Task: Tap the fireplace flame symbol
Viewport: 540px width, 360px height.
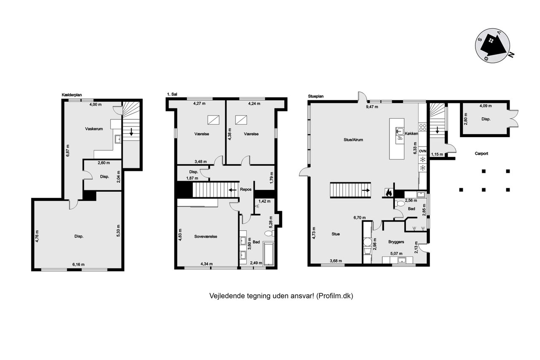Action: tap(389, 192)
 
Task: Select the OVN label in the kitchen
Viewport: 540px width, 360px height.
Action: tap(423, 151)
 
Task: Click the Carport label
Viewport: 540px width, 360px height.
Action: tap(481, 153)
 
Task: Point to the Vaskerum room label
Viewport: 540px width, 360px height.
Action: tap(94, 129)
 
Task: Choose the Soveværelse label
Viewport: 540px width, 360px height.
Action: tap(205, 236)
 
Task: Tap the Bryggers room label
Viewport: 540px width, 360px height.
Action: tap(396, 242)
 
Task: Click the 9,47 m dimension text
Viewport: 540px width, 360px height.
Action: tap(372, 107)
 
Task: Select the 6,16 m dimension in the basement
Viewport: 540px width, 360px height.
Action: tap(78, 265)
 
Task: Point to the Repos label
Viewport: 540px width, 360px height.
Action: tap(246, 189)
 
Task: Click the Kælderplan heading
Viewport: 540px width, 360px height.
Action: tap(72, 95)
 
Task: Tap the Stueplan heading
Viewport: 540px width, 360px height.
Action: tap(316, 96)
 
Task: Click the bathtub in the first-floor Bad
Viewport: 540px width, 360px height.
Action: tap(269, 253)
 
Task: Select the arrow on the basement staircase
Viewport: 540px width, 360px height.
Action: tap(131, 132)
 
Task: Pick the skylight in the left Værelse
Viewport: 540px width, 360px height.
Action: tap(213, 120)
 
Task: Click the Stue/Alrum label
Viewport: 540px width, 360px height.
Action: tap(353, 140)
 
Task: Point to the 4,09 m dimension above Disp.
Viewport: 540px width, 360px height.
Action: tap(486, 106)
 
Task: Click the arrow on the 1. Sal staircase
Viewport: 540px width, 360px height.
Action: tap(232, 190)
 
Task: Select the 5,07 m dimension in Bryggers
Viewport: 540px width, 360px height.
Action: tap(396, 253)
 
